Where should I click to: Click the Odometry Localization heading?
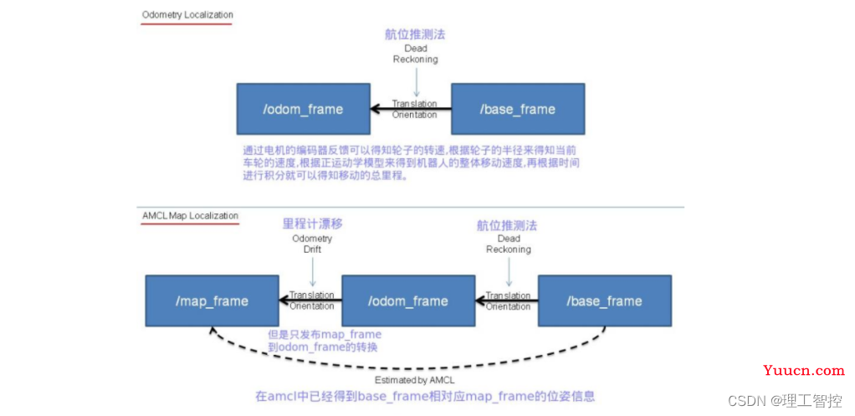pos(187,15)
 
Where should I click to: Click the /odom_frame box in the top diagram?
pos(301,109)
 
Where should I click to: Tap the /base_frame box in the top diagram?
pos(517,109)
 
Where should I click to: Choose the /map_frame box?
pos(212,300)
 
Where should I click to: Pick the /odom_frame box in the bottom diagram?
pos(407,300)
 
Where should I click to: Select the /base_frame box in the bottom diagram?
pos(604,300)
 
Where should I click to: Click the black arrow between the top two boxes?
pos(410,109)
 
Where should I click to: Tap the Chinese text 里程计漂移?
pos(312,224)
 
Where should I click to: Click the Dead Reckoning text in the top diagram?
pos(416,54)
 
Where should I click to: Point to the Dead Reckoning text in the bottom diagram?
pos(509,244)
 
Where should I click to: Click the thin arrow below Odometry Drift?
pos(312,270)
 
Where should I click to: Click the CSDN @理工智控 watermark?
pos(785,401)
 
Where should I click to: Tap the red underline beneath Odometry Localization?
pos(187,24)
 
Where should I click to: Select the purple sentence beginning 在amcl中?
pos(426,396)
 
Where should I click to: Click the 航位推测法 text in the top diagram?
pos(416,33)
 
